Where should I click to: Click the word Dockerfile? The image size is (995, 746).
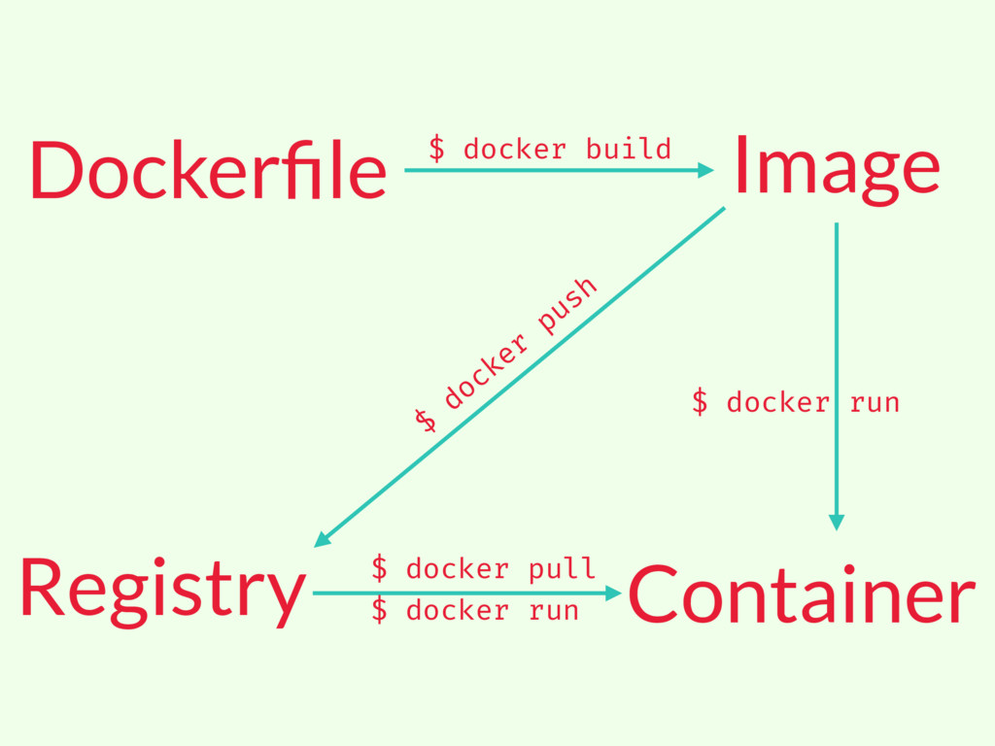coord(208,169)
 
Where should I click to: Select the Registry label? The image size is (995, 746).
coord(161,591)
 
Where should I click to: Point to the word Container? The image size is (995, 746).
coord(801,594)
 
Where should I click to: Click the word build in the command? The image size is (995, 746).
coord(629,150)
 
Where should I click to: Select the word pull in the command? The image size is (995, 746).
coord(562,568)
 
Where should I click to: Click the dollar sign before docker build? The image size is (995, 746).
coord(437,150)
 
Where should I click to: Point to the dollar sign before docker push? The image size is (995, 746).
coord(425,420)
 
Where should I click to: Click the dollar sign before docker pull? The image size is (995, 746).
coord(380,568)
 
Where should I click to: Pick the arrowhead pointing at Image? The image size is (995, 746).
coord(706,170)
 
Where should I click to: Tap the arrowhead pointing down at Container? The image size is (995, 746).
coord(837,522)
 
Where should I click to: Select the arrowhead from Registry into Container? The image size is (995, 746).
coord(613,592)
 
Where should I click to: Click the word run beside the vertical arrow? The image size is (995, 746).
coord(875,402)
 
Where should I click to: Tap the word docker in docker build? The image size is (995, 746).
coord(514,150)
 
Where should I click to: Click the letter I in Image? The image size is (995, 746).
coord(740,163)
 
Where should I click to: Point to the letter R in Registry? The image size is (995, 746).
coord(38,587)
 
